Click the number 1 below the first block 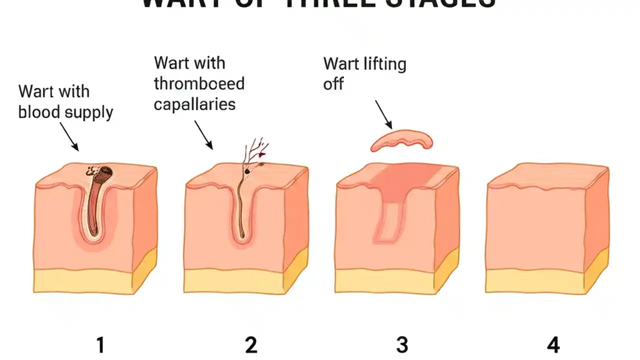coord(100,345)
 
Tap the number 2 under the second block coord(250,345)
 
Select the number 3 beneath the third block coord(401,345)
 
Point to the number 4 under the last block coord(552,345)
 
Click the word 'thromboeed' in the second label coord(199,83)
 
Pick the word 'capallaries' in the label coord(194,104)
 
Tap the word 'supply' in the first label coord(90,112)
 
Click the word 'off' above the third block coord(333,84)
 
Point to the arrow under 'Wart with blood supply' coord(69,137)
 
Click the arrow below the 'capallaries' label coord(203,135)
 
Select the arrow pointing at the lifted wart coord(383,114)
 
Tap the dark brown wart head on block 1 coord(104,174)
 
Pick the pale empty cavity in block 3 coord(387,220)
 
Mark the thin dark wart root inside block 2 coord(240,210)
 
